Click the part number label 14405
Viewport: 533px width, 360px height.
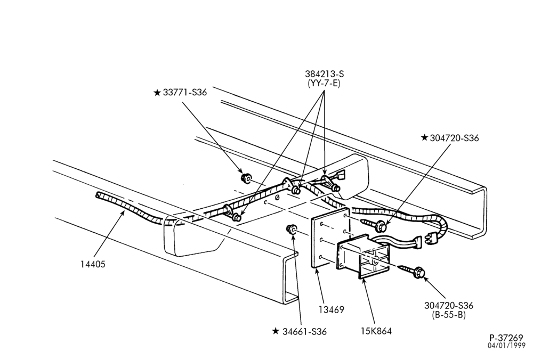click(x=93, y=264)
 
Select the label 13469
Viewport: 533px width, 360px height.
click(x=331, y=310)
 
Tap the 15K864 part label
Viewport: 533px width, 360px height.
click(x=376, y=331)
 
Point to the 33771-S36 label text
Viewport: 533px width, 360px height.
click(x=185, y=92)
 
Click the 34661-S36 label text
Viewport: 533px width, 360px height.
click(x=304, y=331)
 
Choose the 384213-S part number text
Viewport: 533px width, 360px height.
click(x=324, y=73)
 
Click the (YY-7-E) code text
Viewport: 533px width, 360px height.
click(x=324, y=83)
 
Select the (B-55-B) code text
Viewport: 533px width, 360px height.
click(x=449, y=315)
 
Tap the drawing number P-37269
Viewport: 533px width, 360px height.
click(x=506, y=338)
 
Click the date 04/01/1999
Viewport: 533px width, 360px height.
click(x=506, y=346)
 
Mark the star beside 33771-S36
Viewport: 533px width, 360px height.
click(x=157, y=93)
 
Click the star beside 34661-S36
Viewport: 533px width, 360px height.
click(x=276, y=331)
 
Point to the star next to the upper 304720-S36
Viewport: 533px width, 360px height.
click(x=424, y=137)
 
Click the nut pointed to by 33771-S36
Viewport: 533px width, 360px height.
click(x=245, y=178)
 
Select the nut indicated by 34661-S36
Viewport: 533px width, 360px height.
click(x=292, y=229)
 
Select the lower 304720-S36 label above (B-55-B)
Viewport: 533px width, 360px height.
click(x=449, y=305)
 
